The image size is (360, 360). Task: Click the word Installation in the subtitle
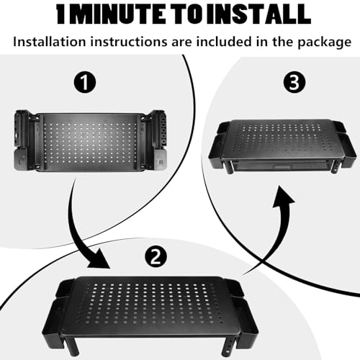tap(50, 42)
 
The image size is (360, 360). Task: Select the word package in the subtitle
tap(325, 42)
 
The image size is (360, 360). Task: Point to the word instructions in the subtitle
tap(129, 42)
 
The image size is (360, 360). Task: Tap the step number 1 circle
tap(84, 82)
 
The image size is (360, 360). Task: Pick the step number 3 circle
tap(294, 82)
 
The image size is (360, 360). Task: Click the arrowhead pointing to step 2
tap(99, 259)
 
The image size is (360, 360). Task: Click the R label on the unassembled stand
tap(161, 163)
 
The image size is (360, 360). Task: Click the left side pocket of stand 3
tap(217, 151)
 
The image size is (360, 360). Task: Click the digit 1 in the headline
tap(61, 14)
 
